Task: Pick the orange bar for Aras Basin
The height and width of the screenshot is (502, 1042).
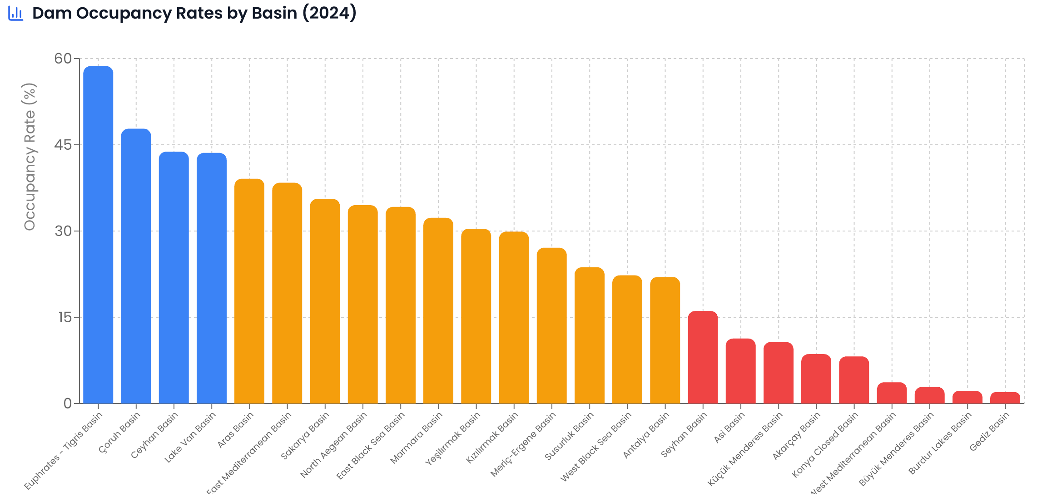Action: (x=249, y=291)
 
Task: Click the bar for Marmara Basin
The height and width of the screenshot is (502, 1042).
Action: (x=438, y=310)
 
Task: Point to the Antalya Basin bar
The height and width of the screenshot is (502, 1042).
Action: (x=665, y=340)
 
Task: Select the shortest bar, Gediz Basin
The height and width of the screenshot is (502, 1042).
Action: (x=1005, y=398)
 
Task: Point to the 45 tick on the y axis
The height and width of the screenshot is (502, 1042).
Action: (x=63, y=145)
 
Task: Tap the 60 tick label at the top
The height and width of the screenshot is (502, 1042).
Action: (x=63, y=59)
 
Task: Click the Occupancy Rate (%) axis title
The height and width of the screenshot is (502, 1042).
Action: (x=30, y=157)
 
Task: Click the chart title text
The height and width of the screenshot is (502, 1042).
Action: (x=194, y=13)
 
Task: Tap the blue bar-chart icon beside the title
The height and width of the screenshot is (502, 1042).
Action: (x=16, y=13)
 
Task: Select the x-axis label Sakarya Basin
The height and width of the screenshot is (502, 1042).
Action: (x=305, y=436)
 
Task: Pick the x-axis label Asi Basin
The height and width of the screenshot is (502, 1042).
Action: (x=729, y=427)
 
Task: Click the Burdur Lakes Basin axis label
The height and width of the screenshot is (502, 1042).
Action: (x=940, y=443)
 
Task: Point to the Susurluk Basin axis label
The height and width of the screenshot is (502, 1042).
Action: (x=570, y=436)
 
